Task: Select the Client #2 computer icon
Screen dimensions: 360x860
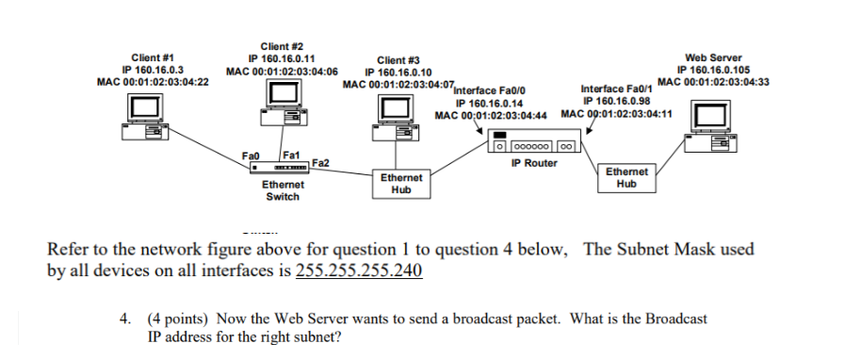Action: click(284, 104)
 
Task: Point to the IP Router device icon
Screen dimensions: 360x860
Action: click(534, 144)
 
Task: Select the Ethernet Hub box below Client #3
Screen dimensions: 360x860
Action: click(399, 183)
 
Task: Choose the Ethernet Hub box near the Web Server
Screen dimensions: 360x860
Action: click(626, 178)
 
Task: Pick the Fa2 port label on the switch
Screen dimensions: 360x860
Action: click(319, 163)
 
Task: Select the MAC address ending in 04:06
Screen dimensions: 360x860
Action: click(283, 70)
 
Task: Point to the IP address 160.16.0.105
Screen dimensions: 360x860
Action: click(713, 70)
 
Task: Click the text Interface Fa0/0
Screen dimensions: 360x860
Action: click(489, 91)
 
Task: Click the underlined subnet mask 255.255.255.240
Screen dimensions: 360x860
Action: click(359, 271)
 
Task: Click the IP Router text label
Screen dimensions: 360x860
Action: click(533, 163)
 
